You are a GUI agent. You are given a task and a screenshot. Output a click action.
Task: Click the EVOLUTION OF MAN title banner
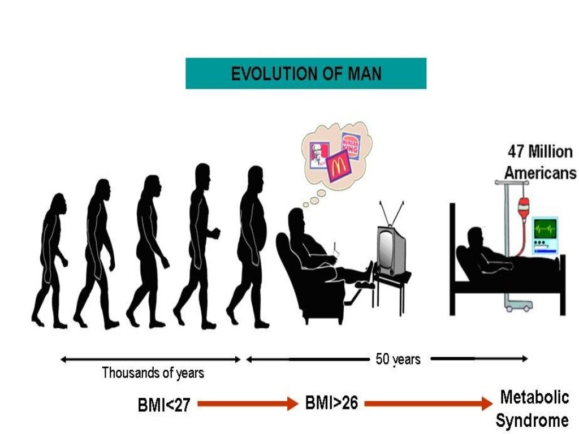tap(306, 73)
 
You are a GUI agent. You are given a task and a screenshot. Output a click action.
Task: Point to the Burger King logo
tap(351, 146)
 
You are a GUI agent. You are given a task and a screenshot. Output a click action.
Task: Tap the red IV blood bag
tap(523, 209)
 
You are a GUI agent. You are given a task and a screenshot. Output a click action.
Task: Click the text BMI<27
tap(164, 405)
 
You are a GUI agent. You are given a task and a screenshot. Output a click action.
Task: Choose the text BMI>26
tap(331, 402)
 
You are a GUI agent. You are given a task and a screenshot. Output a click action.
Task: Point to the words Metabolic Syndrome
tap(533, 409)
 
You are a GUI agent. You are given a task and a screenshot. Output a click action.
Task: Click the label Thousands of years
tap(153, 373)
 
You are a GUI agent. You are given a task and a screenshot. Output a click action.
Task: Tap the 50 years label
tap(398, 359)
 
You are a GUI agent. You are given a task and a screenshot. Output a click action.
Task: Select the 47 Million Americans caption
tap(540, 162)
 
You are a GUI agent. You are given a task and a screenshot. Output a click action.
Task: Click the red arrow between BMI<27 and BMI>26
tap(248, 403)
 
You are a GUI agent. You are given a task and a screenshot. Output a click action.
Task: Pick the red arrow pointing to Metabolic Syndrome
tap(429, 403)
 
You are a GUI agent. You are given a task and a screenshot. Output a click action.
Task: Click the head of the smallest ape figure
tap(59, 203)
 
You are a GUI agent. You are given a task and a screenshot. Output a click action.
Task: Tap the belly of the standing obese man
tap(258, 229)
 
